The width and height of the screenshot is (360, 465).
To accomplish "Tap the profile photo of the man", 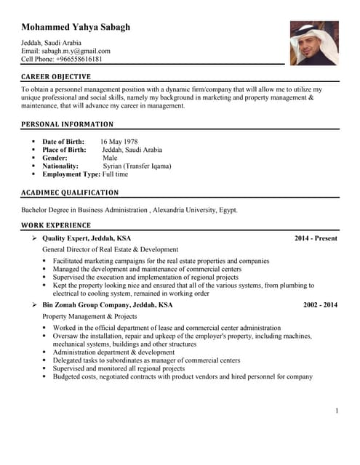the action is [313, 43].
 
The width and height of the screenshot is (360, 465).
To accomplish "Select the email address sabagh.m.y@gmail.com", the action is [74, 51].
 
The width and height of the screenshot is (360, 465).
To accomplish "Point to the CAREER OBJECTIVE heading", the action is [56, 77].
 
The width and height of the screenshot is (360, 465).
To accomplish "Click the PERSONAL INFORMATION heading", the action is [67, 124].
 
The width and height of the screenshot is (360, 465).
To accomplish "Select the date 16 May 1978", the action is [119, 142].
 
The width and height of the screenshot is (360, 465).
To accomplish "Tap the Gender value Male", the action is [110, 158].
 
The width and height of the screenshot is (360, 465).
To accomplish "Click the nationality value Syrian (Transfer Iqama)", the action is [137, 166].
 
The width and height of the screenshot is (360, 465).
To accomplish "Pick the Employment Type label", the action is [71, 174].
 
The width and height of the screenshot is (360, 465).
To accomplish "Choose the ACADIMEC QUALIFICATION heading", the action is [70, 193].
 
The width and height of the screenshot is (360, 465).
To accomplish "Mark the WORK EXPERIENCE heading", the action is [56, 225].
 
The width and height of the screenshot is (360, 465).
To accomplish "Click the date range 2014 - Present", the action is [316, 238].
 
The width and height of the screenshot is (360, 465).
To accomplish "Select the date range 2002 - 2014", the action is [320, 305].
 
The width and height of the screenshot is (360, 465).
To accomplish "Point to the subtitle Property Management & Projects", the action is [89, 317].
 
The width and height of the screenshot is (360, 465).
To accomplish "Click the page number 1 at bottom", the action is [337, 411].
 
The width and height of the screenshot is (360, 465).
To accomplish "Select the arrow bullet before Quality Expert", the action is [34, 238].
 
